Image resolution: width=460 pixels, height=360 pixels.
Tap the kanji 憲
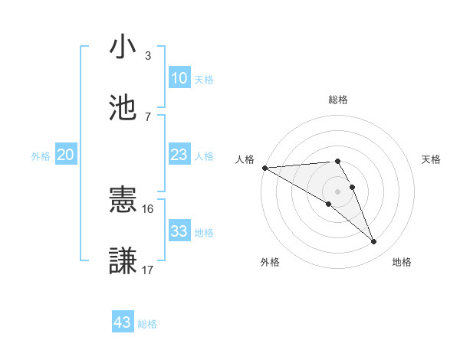coord(123,201)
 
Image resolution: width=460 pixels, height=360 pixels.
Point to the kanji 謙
coord(123,260)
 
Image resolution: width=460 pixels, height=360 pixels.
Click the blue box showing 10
coord(179,78)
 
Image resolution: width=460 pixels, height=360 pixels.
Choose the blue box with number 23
coord(179,155)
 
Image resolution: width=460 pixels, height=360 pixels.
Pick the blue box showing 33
coord(179,231)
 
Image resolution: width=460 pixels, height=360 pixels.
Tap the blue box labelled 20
coord(65,155)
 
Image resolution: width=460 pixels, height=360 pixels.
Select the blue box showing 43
coord(123,322)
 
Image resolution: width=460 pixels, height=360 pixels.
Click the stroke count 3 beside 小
coord(148,55)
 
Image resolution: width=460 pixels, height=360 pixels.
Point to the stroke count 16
coord(148,208)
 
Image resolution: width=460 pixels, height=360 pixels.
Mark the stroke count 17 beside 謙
coord(148,270)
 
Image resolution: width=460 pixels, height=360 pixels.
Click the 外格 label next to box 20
coord(41,155)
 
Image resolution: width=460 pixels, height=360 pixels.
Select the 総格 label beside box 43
coord(147,324)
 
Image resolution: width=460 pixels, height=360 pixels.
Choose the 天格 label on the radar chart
coord(432,159)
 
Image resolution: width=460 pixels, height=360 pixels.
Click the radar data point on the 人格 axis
coord(264,168)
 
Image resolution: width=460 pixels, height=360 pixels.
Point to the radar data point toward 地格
coord(374,242)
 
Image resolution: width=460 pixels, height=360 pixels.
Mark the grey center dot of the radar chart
coord(338,191)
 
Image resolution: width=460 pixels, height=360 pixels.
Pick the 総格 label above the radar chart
coord(338,100)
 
